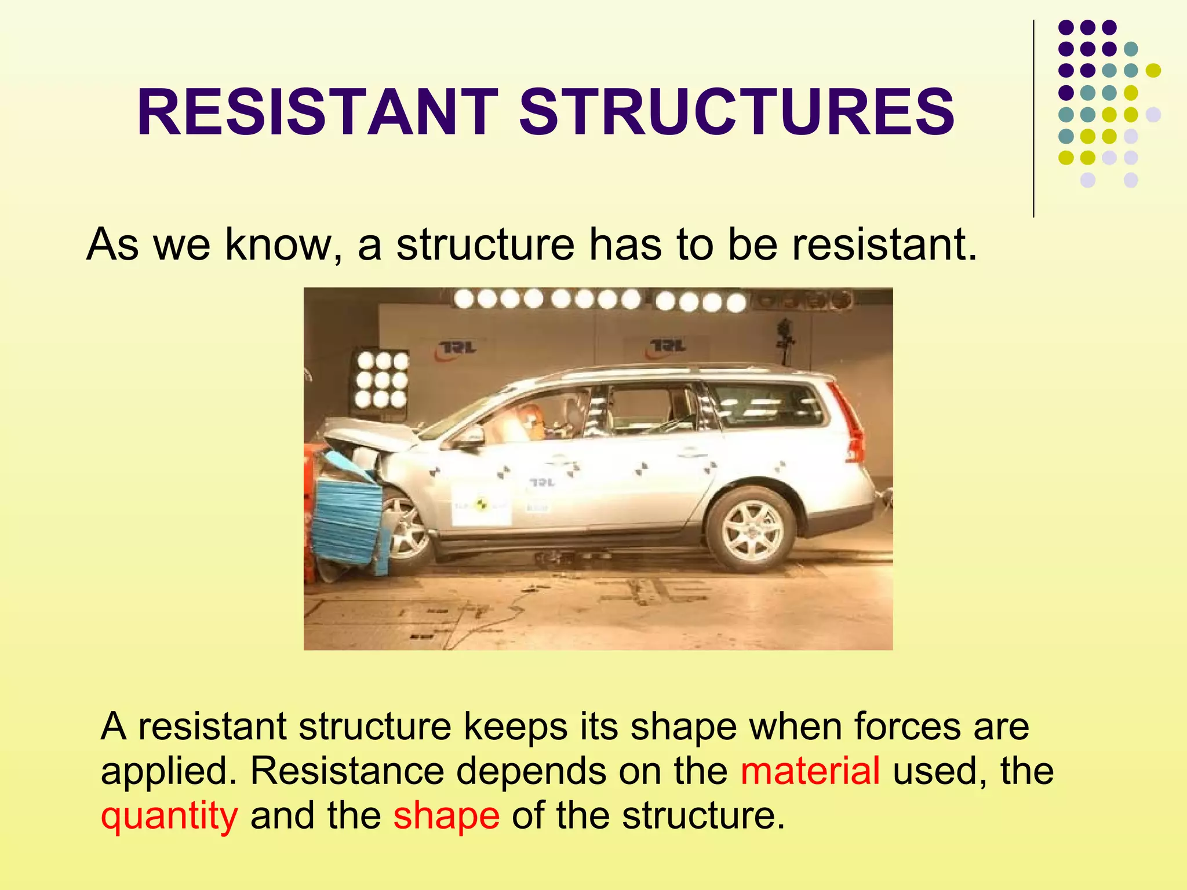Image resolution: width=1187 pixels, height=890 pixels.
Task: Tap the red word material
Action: tap(810, 771)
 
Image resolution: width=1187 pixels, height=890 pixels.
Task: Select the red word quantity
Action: tap(169, 816)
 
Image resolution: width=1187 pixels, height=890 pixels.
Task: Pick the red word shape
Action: tap(446, 816)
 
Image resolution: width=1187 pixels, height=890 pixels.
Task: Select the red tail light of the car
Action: tap(849, 423)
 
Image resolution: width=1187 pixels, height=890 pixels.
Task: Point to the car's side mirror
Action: tap(471, 436)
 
